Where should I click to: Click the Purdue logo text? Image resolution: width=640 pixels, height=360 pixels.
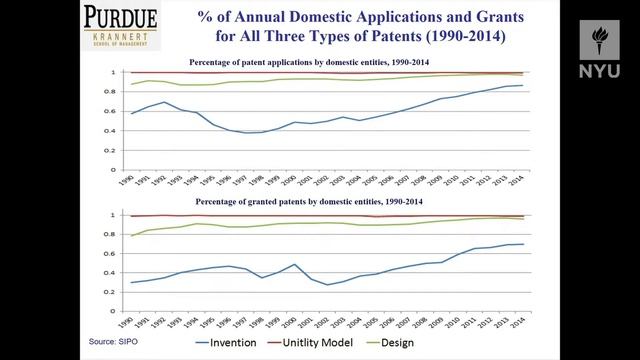(x=119, y=16)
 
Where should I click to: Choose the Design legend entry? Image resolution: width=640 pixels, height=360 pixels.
(x=456, y=342)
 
